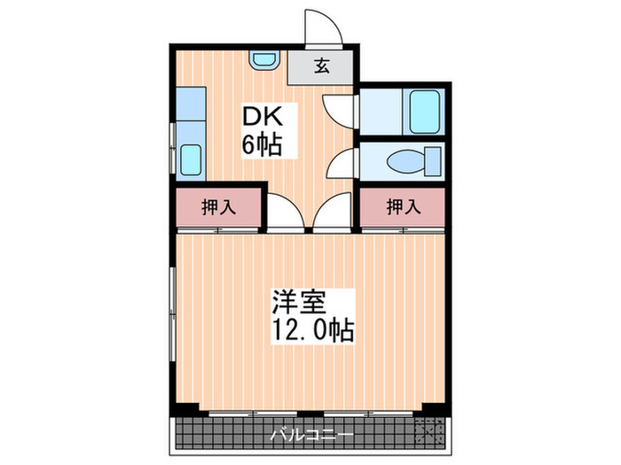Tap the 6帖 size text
click(x=263, y=143)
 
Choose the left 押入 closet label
click(x=218, y=208)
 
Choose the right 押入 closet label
click(x=403, y=208)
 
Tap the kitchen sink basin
click(x=191, y=160)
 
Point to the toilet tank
click(x=434, y=162)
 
